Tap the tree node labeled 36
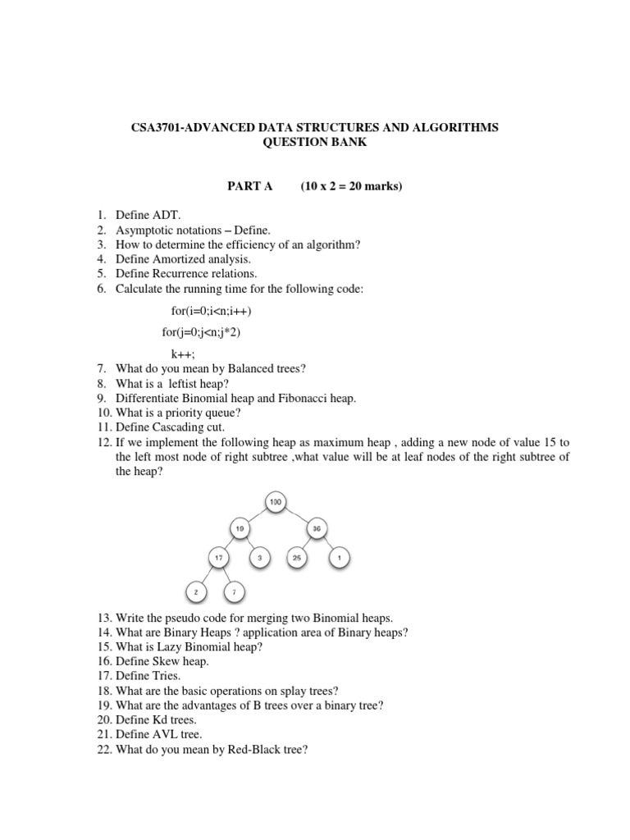coord(316,529)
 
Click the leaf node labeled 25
coord(296,559)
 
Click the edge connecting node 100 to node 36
coord(296,514)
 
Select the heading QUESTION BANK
coord(315,142)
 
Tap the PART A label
coord(249,186)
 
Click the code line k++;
coord(184,354)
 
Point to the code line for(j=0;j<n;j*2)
coord(202,332)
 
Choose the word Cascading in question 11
coord(171,427)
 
